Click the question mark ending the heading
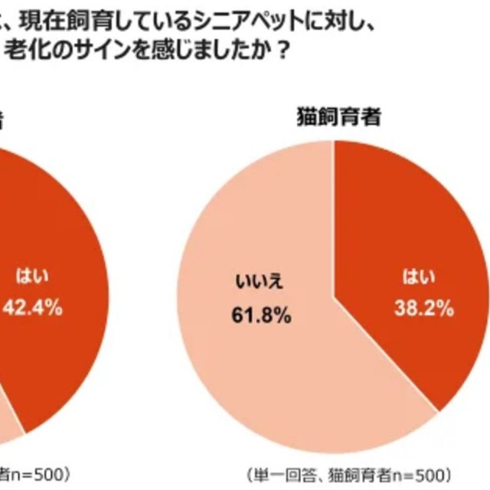pos(283,54)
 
